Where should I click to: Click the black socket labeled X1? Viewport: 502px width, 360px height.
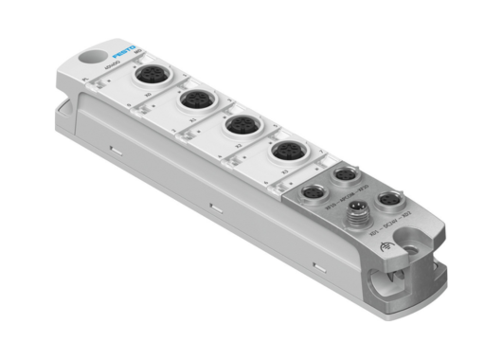(x=197, y=99)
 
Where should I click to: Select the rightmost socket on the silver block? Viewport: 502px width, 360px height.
(x=388, y=201)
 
